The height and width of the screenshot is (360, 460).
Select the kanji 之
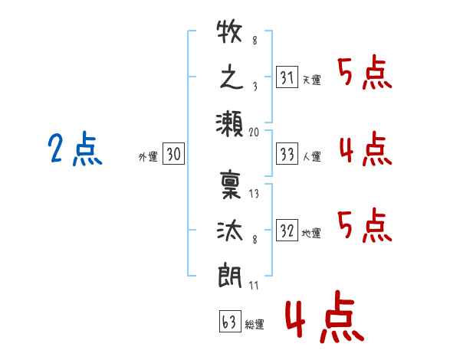pyautogui.click(x=230, y=78)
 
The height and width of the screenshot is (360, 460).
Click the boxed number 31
pyautogui.click(x=287, y=77)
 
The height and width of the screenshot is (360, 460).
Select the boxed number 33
pyautogui.click(x=287, y=155)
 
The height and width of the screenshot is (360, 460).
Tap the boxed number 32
pyautogui.click(x=287, y=231)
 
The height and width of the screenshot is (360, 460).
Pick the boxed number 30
pyautogui.click(x=173, y=155)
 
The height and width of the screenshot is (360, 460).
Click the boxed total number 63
pyautogui.click(x=228, y=322)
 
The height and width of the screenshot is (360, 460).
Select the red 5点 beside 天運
pyautogui.click(x=365, y=74)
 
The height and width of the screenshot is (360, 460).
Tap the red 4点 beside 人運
pyautogui.click(x=365, y=149)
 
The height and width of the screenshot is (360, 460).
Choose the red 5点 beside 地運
pyautogui.click(x=365, y=224)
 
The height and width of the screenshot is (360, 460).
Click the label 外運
pyautogui.click(x=147, y=157)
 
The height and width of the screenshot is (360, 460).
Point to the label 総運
pyautogui.click(x=255, y=325)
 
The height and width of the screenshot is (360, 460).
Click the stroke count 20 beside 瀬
pyautogui.click(x=255, y=133)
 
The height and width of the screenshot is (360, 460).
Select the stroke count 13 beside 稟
pyautogui.click(x=255, y=193)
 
